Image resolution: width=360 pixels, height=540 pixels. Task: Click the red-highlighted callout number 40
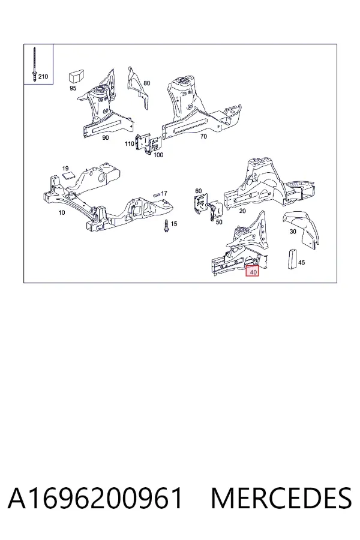point(253,272)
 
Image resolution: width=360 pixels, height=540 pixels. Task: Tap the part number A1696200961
point(95,499)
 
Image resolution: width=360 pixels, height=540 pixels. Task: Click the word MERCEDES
point(281,499)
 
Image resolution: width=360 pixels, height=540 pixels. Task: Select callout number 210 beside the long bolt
point(43,76)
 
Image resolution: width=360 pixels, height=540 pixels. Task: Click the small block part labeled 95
point(76,76)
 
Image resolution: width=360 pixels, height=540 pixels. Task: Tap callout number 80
point(147,83)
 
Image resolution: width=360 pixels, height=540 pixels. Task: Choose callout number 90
point(106,138)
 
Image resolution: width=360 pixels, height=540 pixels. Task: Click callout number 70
point(203,136)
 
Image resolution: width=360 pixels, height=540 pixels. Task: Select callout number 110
point(129,143)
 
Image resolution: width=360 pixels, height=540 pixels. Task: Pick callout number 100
point(158,155)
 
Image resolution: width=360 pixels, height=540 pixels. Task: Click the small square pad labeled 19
point(69,175)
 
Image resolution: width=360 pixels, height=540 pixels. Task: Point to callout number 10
point(62,212)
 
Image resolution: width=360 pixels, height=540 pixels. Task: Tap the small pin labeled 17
point(157,194)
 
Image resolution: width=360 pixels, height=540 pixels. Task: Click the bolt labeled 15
point(166,226)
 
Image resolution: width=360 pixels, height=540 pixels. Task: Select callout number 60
point(199,191)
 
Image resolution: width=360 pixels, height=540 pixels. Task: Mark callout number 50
point(219,222)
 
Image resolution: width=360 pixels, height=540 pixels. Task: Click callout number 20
point(242,211)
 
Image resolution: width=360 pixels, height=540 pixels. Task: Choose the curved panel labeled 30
point(301,229)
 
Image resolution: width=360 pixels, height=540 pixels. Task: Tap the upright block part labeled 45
point(292,259)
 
